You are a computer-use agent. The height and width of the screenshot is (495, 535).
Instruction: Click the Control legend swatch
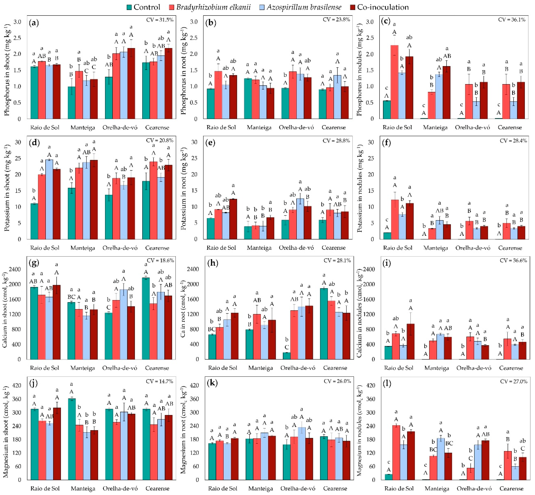129,7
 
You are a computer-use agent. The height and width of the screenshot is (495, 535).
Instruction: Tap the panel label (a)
34,23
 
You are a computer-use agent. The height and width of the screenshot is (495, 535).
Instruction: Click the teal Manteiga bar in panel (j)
71,439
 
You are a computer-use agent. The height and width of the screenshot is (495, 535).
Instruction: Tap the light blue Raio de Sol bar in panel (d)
49,200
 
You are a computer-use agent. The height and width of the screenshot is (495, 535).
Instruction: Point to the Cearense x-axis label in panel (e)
333,248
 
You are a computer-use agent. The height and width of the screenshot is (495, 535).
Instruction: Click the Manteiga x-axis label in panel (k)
260,488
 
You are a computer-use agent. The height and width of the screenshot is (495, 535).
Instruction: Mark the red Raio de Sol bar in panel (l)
396,453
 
